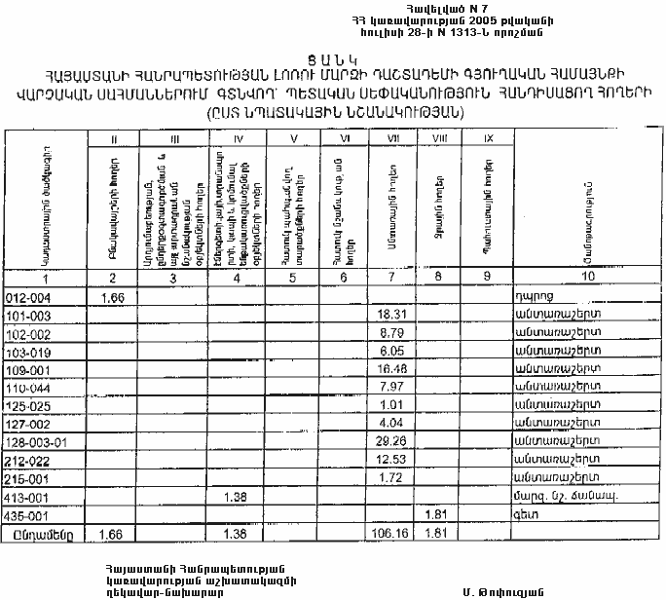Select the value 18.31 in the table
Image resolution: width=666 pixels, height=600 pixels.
[391, 316]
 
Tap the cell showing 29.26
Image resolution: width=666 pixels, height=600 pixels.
[391, 440]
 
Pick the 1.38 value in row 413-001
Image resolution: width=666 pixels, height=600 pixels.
[235, 497]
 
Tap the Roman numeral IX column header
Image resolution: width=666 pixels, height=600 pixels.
[487, 140]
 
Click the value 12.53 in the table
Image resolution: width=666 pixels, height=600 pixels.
[391, 460]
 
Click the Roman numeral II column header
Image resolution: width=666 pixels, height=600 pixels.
[115, 140]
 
